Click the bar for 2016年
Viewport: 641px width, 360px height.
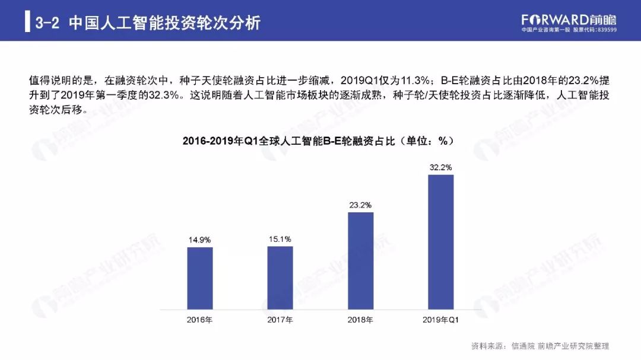(x=199, y=278)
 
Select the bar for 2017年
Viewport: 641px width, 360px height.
(x=280, y=278)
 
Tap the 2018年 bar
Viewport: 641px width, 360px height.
(x=360, y=261)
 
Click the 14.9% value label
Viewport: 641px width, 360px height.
(x=199, y=240)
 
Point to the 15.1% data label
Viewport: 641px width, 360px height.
(x=280, y=239)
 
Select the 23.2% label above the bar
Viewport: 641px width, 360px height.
(x=360, y=205)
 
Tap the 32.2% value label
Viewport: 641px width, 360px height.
(x=440, y=168)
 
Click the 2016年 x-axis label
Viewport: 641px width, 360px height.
(x=199, y=320)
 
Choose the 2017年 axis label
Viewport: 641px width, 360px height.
(x=280, y=320)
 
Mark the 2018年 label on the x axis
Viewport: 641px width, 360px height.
(x=360, y=320)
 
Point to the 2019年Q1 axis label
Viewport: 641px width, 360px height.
(x=440, y=320)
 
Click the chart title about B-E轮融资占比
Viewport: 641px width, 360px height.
(x=318, y=141)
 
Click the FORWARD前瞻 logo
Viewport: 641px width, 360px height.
(x=569, y=18)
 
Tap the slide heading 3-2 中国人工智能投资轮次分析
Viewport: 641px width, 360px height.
(x=148, y=23)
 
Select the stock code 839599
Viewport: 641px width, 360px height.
(x=605, y=30)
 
